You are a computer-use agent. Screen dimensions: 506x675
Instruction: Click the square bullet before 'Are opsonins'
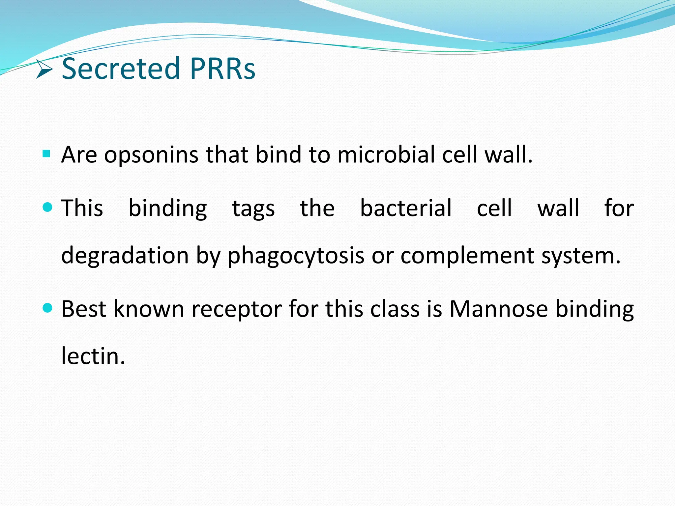[46, 154]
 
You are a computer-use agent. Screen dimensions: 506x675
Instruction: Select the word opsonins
[151, 155]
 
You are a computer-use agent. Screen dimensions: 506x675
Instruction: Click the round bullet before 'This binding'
[48, 207]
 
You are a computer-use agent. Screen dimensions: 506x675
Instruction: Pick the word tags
[253, 209]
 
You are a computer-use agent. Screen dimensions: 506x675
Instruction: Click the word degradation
[125, 256]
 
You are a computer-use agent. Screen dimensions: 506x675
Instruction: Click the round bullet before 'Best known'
[48, 308]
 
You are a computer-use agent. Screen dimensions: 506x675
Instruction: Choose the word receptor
[236, 310]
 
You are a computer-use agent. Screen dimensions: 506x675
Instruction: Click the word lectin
[93, 356]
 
